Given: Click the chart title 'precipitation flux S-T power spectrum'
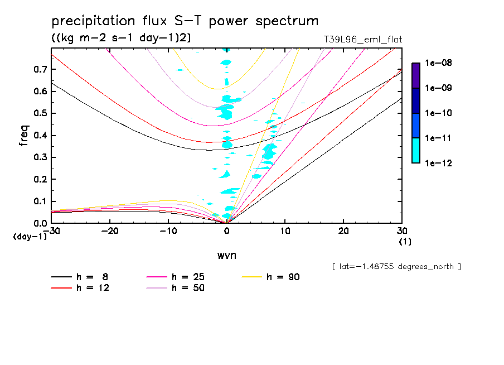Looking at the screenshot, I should tap(185, 22).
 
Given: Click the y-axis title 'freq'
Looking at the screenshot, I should tap(24, 136).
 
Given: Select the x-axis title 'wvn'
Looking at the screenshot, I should tap(226, 255).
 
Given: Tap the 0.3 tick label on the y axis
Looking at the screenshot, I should tap(40, 157).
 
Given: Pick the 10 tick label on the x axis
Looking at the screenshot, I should tap(285, 231).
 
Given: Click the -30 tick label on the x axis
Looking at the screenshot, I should tap(51, 231).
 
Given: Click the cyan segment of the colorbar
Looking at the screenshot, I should tap(415, 150).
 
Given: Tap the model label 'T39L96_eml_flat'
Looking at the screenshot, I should tap(363, 40).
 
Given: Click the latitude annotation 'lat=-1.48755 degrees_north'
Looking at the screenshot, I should tap(396, 266).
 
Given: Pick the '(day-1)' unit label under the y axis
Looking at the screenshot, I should tap(30, 237).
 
